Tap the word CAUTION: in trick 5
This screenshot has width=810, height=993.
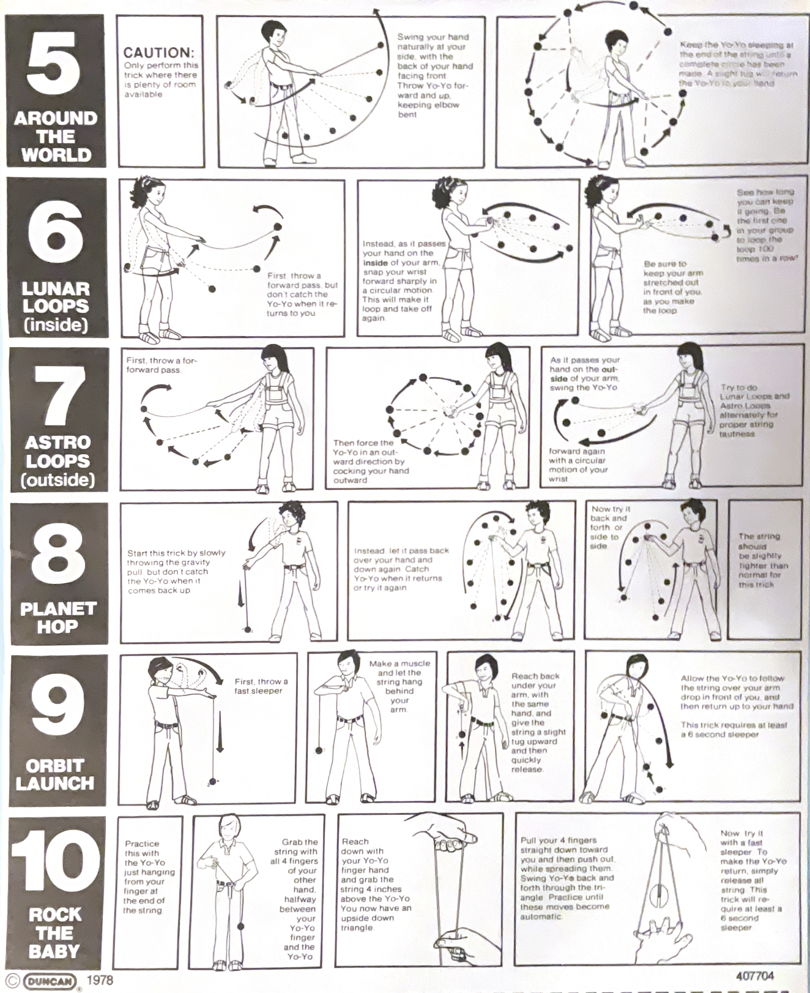click(158, 53)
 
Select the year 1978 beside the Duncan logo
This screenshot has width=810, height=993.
click(100, 980)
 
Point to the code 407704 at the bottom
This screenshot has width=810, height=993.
click(754, 976)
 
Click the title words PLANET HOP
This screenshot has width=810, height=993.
click(58, 617)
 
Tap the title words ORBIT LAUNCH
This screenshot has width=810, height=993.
click(55, 774)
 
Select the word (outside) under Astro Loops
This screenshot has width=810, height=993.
click(58, 479)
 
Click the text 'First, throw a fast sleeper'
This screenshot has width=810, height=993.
click(261, 686)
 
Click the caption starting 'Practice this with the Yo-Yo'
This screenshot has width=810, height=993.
click(149, 877)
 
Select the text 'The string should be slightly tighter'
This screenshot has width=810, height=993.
click(762, 560)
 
